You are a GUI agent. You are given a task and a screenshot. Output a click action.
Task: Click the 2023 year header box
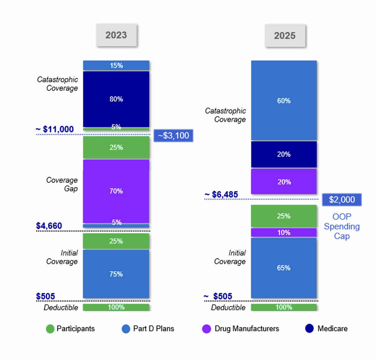click(x=116, y=35)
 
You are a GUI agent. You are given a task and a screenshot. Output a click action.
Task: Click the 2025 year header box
click(x=285, y=36)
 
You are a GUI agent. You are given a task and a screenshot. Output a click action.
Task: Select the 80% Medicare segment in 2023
click(x=116, y=99)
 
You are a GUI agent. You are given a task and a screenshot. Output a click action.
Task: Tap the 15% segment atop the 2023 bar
click(x=116, y=65)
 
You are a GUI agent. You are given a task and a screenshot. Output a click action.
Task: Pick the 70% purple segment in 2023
click(x=116, y=191)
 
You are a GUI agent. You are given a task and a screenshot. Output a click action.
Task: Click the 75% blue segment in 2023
click(x=116, y=274)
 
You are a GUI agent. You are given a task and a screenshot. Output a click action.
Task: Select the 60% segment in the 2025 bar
click(x=284, y=100)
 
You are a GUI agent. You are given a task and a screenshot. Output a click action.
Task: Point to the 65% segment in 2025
click(x=284, y=268)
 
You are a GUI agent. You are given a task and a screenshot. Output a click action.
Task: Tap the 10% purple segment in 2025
click(x=284, y=232)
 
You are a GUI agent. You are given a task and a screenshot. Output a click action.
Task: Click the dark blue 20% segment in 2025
click(x=284, y=154)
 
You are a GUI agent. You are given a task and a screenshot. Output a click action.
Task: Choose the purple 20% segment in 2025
click(x=284, y=182)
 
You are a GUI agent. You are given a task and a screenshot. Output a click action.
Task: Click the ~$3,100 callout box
click(x=173, y=136)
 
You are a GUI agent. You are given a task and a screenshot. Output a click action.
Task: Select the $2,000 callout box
click(x=341, y=199)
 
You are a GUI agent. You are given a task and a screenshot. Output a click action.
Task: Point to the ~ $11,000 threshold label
click(x=55, y=129)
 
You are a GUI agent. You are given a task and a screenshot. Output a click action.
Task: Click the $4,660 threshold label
click(x=49, y=226)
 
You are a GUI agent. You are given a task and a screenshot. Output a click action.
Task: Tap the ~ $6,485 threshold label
click(x=221, y=194)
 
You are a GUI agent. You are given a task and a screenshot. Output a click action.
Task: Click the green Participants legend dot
click(x=50, y=329)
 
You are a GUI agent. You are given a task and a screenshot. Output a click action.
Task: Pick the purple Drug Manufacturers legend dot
click(x=207, y=329)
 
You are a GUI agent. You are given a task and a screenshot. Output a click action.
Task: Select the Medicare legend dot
click(x=309, y=328)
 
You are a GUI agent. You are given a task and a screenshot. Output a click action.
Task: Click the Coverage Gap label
click(x=62, y=184)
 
